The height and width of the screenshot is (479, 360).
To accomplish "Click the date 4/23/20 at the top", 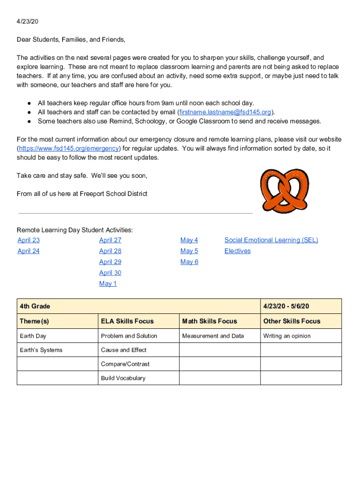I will [27, 22].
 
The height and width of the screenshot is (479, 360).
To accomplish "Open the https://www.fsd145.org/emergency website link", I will [69, 149].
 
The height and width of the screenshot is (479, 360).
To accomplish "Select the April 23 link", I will [29, 240].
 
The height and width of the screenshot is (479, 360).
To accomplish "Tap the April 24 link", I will [29, 251].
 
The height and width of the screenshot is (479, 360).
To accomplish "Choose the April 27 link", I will [110, 240].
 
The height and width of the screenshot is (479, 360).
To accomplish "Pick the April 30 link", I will [110, 273].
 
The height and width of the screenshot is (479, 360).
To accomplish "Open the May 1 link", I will [108, 284].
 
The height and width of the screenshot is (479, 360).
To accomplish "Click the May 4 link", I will [189, 240].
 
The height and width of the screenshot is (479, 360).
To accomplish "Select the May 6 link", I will [189, 262].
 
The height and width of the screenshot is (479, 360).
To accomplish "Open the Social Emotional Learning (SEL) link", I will [271, 240].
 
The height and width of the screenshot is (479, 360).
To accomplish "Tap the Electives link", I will [238, 251].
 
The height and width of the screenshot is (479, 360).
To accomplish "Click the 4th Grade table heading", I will [35, 306].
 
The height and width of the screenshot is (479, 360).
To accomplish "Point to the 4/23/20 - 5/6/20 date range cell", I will [286, 306].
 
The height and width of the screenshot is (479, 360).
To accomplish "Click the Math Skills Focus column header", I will [209, 321].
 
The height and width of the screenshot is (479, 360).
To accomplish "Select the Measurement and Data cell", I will [213, 336].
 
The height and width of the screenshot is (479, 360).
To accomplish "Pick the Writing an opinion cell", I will [287, 336].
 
